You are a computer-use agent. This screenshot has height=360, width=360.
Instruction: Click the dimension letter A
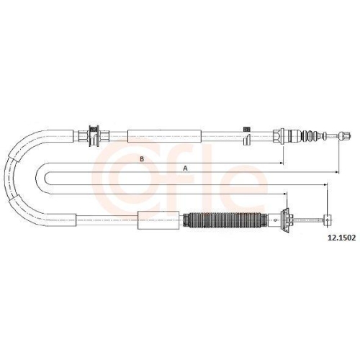(185, 168)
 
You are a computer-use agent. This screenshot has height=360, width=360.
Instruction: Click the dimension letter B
(142, 159)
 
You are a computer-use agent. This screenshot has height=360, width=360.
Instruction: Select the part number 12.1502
(341, 238)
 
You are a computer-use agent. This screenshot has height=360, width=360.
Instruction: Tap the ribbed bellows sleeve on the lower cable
(225, 220)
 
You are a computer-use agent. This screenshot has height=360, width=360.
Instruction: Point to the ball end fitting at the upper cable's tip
(345, 136)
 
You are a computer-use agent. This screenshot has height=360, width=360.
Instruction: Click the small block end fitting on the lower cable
(328, 220)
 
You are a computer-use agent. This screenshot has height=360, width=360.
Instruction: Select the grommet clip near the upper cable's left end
(94, 136)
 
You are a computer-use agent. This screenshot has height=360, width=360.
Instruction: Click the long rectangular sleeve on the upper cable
(164, 136)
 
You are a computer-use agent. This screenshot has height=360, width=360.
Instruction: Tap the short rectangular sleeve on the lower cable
(158, 220)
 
